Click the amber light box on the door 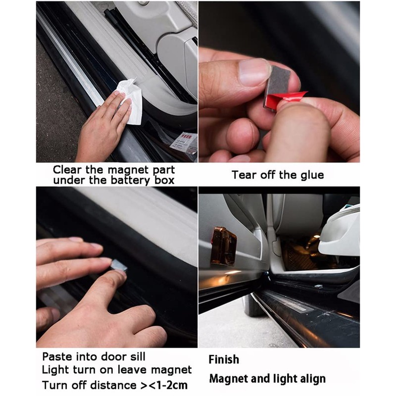click(x=223, y=245)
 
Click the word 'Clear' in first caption click(x=68, y=170)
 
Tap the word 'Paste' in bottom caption click(x=57, y=356)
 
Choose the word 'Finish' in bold click(x=224, y=359)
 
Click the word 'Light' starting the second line click(x=53, y=370)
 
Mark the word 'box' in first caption click(x=163, y=180)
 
